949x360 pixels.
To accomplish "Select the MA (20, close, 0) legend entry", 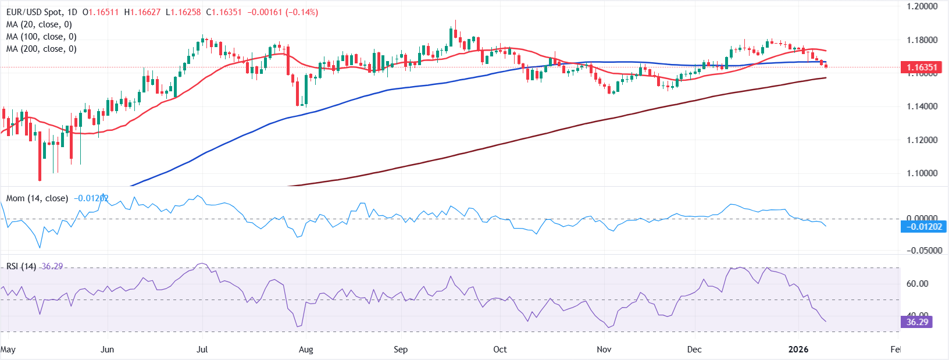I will tap(39, 24).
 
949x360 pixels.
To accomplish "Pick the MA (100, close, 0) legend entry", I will tap(41, 37).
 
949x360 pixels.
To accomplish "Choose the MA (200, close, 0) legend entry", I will tap(41, 49).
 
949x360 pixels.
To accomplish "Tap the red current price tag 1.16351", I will tap(922, 67).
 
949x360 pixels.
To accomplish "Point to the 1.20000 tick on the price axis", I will tap(922, 6).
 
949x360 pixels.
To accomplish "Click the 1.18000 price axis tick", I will tap(922, 40).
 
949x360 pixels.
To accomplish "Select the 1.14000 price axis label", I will tap(922, 106).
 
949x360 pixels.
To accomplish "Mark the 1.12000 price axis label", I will tap(922, 140).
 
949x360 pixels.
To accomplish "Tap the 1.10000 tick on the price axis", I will tap(922, 173).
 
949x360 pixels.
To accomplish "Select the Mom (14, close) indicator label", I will tap(37, 198).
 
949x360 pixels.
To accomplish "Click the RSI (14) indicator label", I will tap(21, 266).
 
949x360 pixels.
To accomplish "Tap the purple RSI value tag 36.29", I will tap(917, 322).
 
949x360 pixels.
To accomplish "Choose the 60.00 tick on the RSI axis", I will tap(917, 284).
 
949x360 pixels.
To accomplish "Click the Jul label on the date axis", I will tap(202, 350).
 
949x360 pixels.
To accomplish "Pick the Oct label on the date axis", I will tap(500, 350).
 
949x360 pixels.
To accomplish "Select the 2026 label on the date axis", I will tap(798, 350).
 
